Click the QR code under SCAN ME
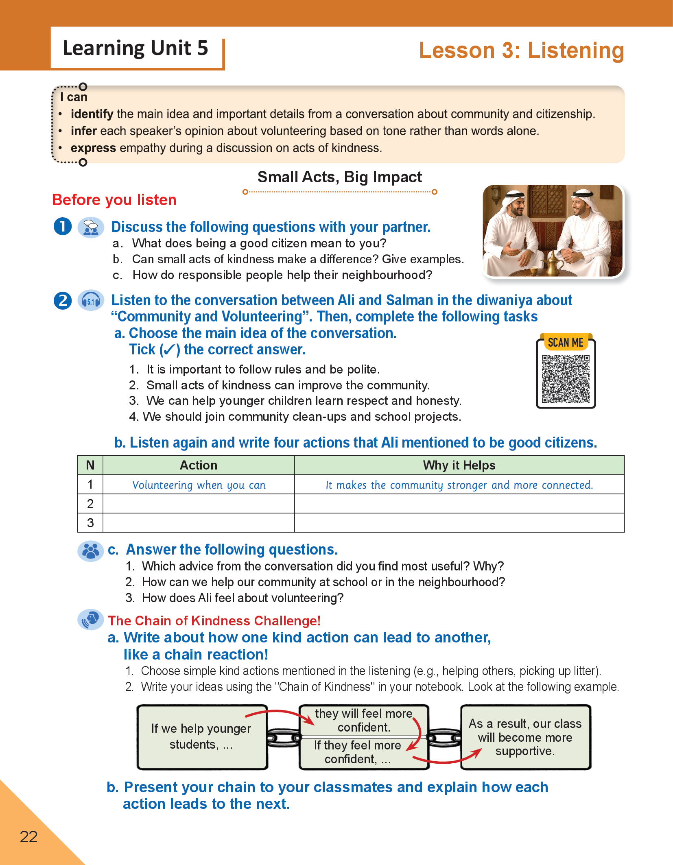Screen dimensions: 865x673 point(566,379)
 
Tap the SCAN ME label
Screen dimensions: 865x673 point(566,343)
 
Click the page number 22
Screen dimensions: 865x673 point(28,837)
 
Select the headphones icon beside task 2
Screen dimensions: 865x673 point(91,301)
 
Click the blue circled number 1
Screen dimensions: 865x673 point(63,227)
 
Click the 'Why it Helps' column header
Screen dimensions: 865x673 point(459,465)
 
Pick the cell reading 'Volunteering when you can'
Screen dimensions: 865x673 point(199,485)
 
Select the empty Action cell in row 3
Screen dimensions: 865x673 point(199,523)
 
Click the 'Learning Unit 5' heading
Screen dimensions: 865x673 point(135,48)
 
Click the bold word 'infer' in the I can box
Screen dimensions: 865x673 point(83,131)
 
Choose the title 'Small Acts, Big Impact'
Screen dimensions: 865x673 point(340,177)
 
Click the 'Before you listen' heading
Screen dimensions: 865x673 point(114,200)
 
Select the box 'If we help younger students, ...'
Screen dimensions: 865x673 point(202,737)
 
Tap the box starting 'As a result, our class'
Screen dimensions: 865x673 point(525,737)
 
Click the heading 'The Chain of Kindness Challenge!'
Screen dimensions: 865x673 point(214,620)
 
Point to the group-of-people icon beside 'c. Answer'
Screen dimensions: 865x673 point(90,551)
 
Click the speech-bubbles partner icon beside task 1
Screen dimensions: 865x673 point(91,227)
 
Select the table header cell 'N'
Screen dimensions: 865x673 point(90,465)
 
